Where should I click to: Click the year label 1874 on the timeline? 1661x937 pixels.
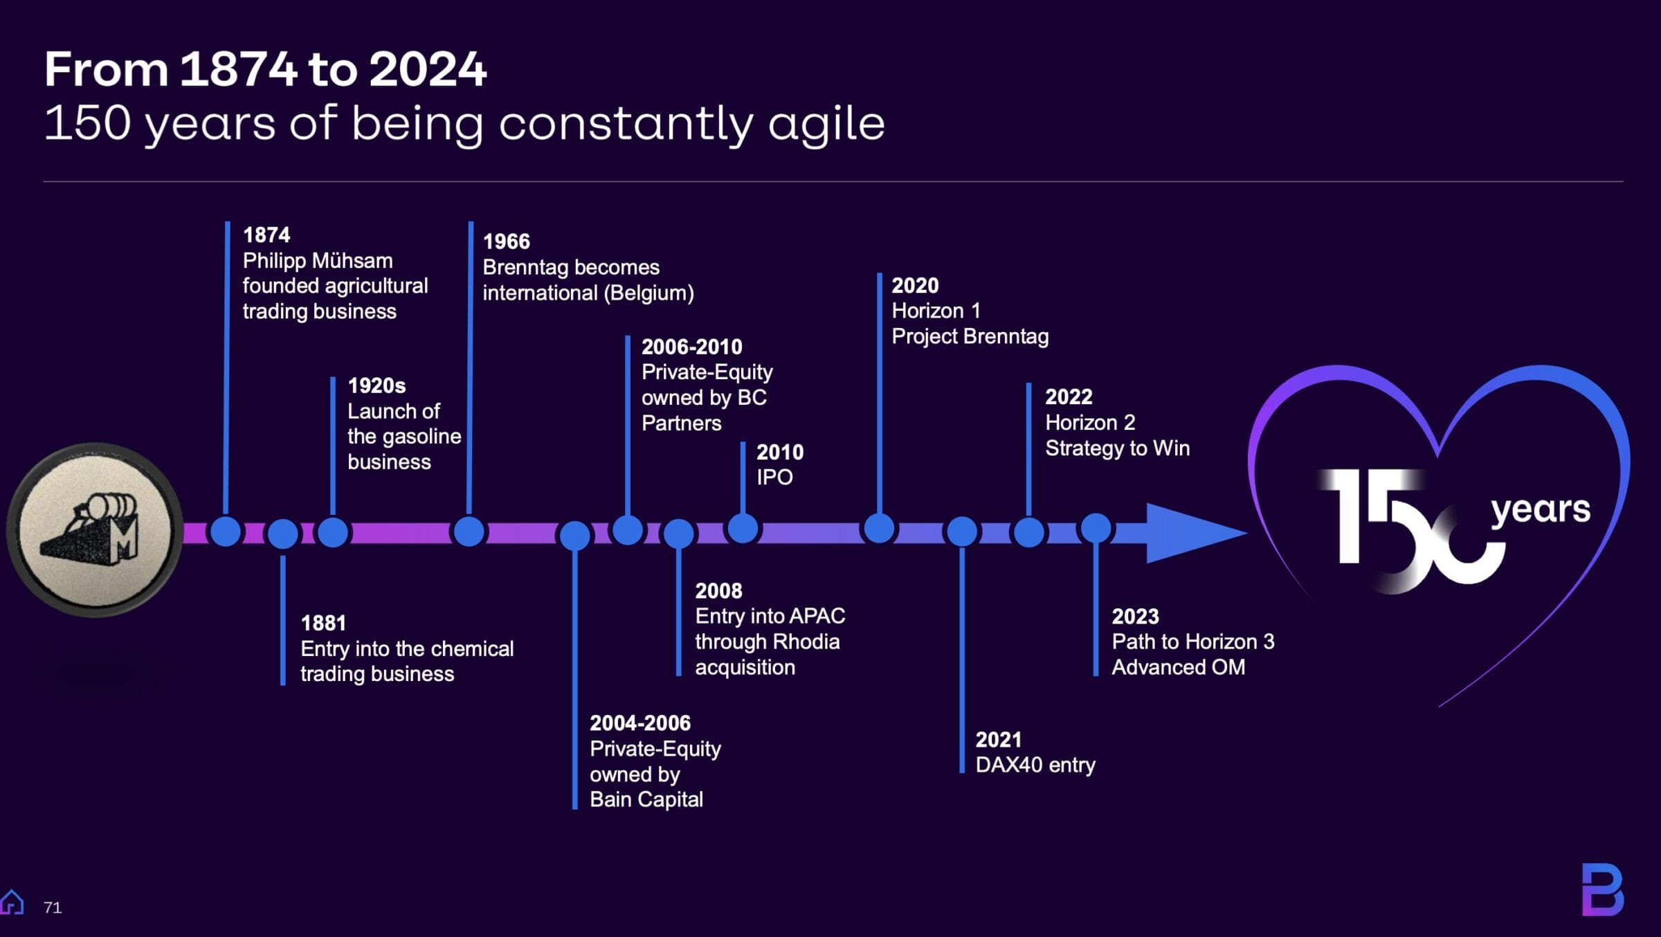tap(266, 235)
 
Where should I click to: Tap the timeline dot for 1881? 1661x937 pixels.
tap(282, 534)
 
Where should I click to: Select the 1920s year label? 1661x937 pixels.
tap(376, 385)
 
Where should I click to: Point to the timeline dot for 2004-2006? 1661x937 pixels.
tap(574, 535)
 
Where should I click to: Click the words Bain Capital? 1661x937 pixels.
tap(646, 800)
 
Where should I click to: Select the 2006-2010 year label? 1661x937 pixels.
tap(691, 347)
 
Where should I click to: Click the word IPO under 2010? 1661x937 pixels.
tap(774, 477)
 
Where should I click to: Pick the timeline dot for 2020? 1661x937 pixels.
tap(879, 529)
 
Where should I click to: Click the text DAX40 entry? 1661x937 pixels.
tap(1035, 765)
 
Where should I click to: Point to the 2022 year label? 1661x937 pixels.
tap(1069, 397)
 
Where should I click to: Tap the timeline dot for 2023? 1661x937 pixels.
tap(1096, 529)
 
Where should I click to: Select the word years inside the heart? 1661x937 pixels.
tap(1541, 511)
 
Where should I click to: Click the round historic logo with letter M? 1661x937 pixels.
tap(96, 530)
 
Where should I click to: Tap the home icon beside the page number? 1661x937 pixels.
tap(12, 902)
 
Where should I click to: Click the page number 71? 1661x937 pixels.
tap(53, 907)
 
